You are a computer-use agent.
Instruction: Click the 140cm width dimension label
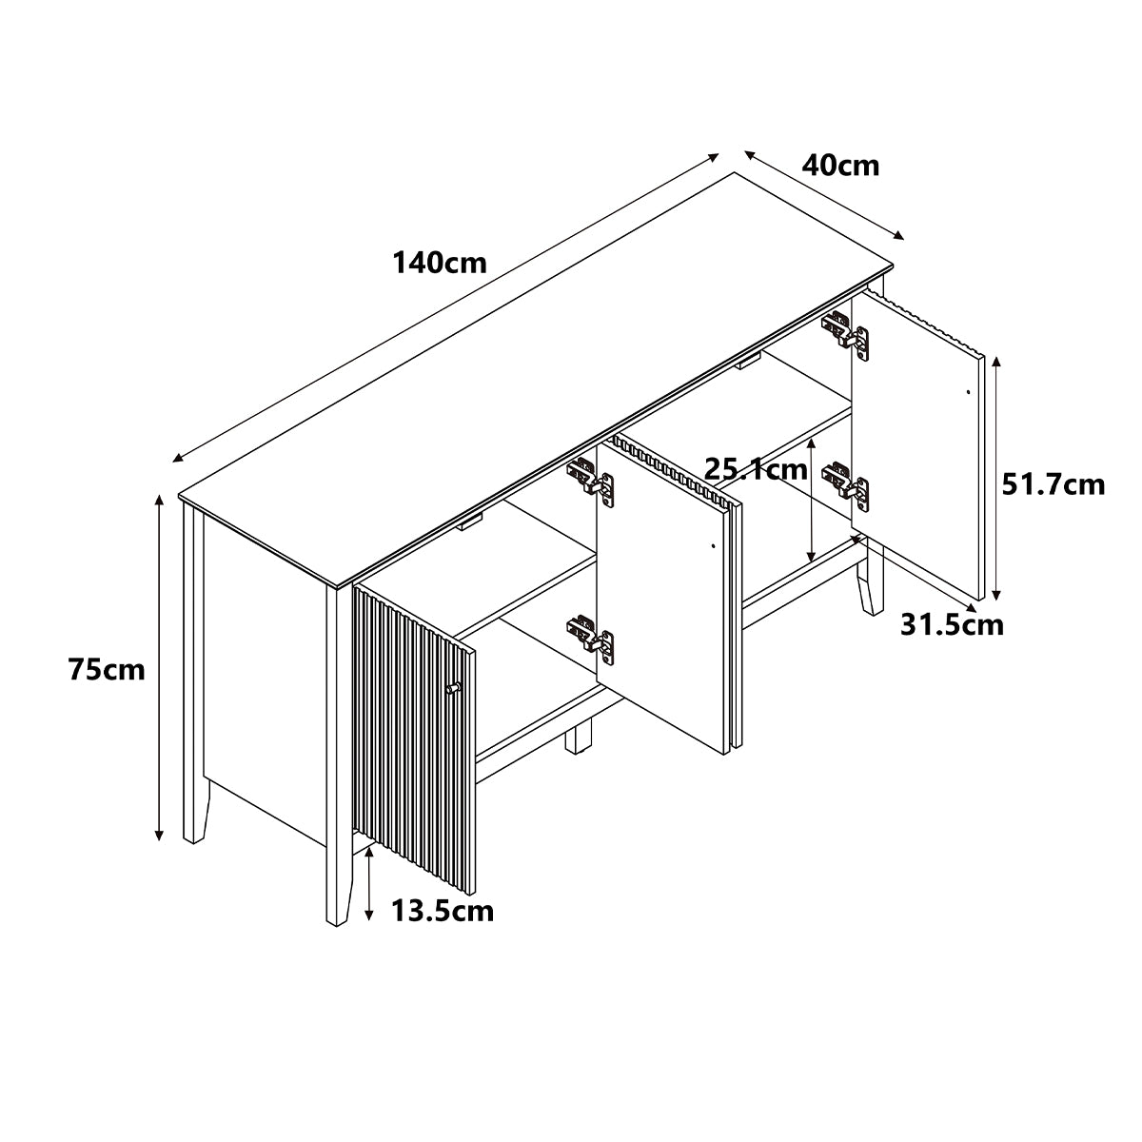(440, 263)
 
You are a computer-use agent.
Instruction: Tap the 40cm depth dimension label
(840, 166)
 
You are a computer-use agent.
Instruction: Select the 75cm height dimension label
(107, 670)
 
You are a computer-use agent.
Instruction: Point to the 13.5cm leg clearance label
(443, 911)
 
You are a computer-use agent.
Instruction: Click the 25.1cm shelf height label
(756, 469)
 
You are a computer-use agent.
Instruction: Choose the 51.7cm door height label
(1053, 484)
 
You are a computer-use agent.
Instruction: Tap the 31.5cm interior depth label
(952, 624)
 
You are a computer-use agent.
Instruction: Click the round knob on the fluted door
(453, 687)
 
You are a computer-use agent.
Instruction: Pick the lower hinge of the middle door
(591, 639)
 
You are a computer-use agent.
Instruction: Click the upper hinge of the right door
(846, 335)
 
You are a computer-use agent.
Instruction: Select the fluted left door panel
(414, 738)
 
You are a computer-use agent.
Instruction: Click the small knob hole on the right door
(969, 392)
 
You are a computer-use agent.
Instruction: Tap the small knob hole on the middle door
(713, 545)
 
